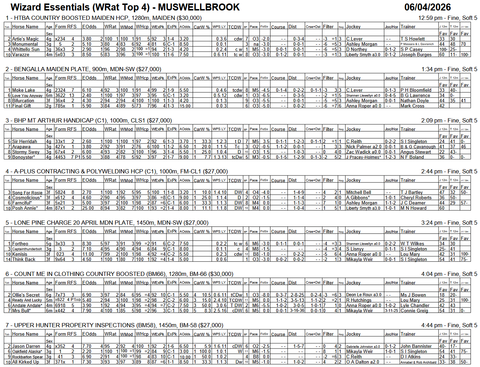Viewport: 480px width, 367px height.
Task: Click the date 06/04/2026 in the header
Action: (x=427, y=7)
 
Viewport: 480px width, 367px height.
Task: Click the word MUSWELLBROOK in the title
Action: (x=200, y=7)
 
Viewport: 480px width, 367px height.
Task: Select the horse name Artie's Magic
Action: (x=25, y=39)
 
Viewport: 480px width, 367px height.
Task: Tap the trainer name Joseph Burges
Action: (x=416, y=54)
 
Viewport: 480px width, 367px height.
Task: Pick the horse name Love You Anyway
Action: (x=27, y=95)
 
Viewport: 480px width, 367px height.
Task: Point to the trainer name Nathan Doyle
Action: (x=414, y=100)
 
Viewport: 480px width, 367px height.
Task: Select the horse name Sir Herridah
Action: (x=24, y=141)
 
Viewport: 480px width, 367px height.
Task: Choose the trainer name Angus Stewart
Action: (x=415, y=152)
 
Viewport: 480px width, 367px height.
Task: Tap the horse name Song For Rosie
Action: (x=27, y=193)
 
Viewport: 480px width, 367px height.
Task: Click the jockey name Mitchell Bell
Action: (x=359, y=192)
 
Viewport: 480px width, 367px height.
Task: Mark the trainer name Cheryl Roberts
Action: (x=416, y=197)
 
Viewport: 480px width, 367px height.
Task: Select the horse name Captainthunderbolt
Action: (x=27, y=249)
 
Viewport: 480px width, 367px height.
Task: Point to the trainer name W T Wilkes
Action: (x=412, y=244)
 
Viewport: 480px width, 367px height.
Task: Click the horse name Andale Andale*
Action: (x=27, y=305)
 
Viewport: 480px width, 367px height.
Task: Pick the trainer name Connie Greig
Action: (x=414, y=310)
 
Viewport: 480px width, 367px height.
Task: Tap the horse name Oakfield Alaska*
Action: (x=27, y=351)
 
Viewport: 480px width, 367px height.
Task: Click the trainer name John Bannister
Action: (x=416, y=346)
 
